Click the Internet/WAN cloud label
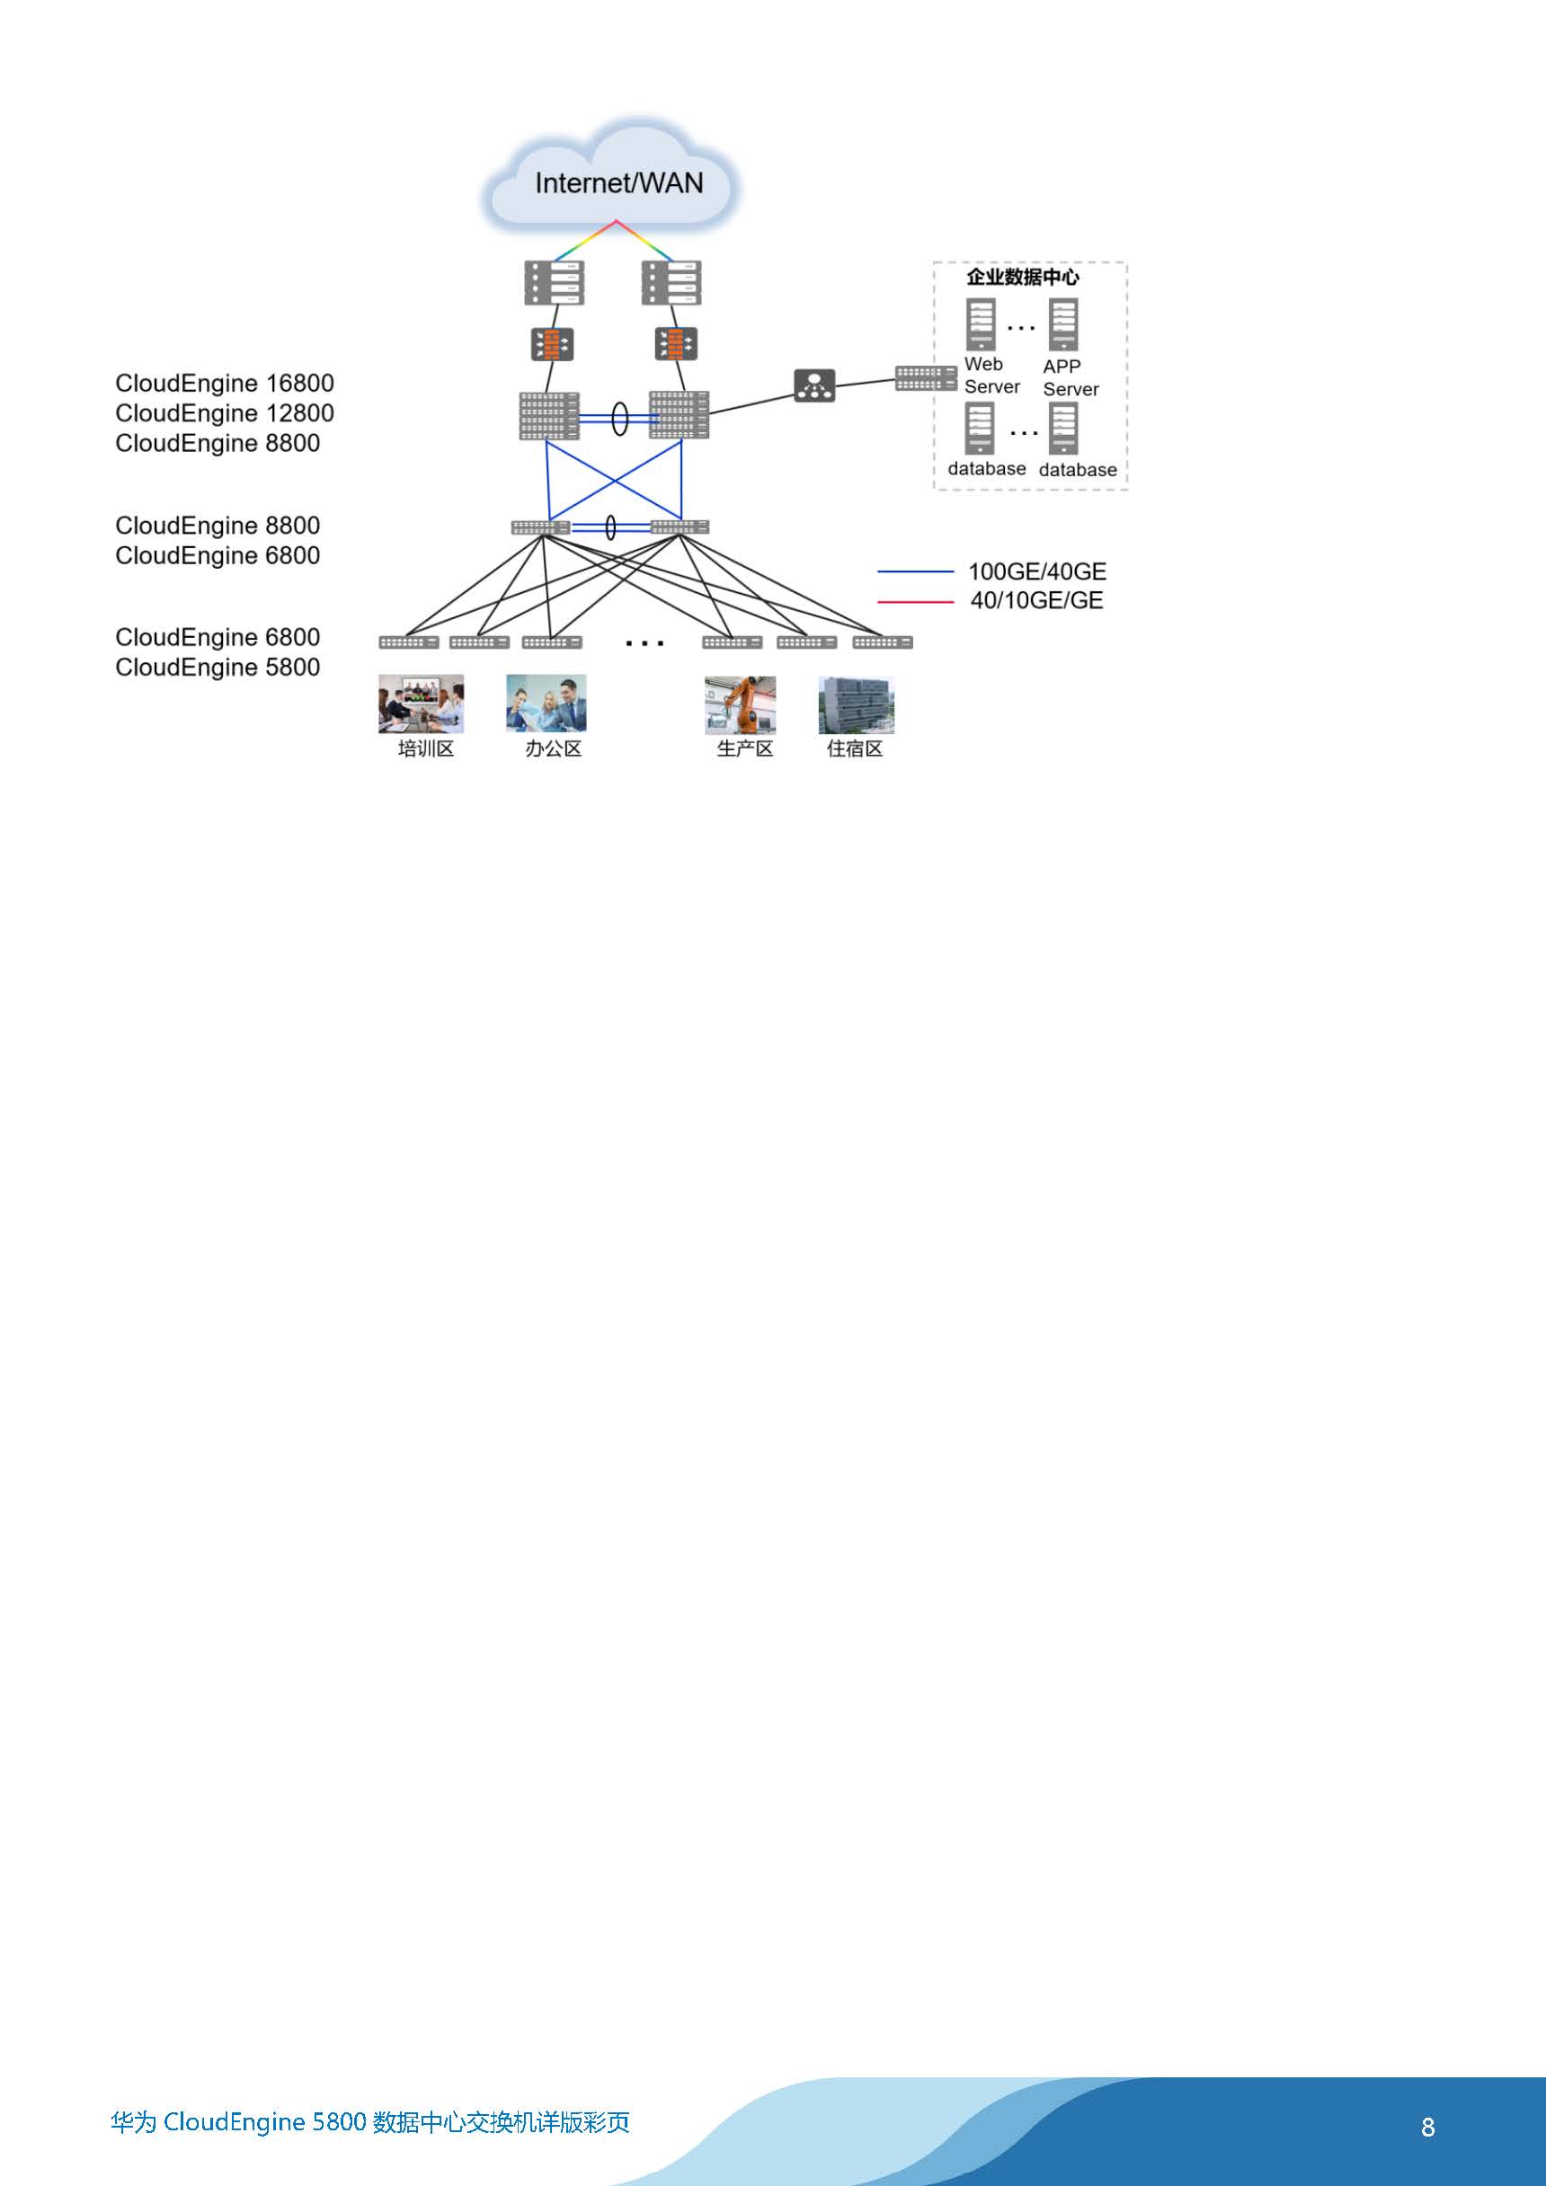click(619, 182)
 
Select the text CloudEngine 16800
click(225, 384)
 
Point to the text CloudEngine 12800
click(225, 413)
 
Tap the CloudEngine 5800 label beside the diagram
click(218, 668)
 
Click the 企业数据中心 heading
click(1023, 277)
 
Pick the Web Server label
click(991, 376)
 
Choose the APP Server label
click(1071, 378)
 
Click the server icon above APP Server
click(1063, 324)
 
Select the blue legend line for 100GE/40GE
click(915, 571)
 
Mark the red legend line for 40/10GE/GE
click(915, 602)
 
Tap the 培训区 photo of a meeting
click(421, 704)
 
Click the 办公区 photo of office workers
click(546, 704)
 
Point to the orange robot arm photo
click(740, 705)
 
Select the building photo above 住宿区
click(857, 705)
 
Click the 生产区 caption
click(745, 749)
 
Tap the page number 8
click(1428, 2127)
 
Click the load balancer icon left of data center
click(814, 385)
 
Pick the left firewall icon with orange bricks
click(552, 344)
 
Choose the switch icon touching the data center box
click(926, 378)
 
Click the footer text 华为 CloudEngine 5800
click(238, 2122)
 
